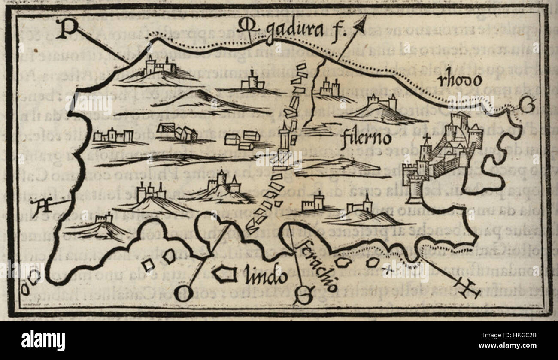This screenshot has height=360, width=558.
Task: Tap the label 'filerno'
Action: click(366, 139)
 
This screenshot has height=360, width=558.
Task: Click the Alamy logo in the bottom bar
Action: click(43, 341)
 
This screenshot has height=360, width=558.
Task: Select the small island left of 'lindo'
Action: click(224, 274)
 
